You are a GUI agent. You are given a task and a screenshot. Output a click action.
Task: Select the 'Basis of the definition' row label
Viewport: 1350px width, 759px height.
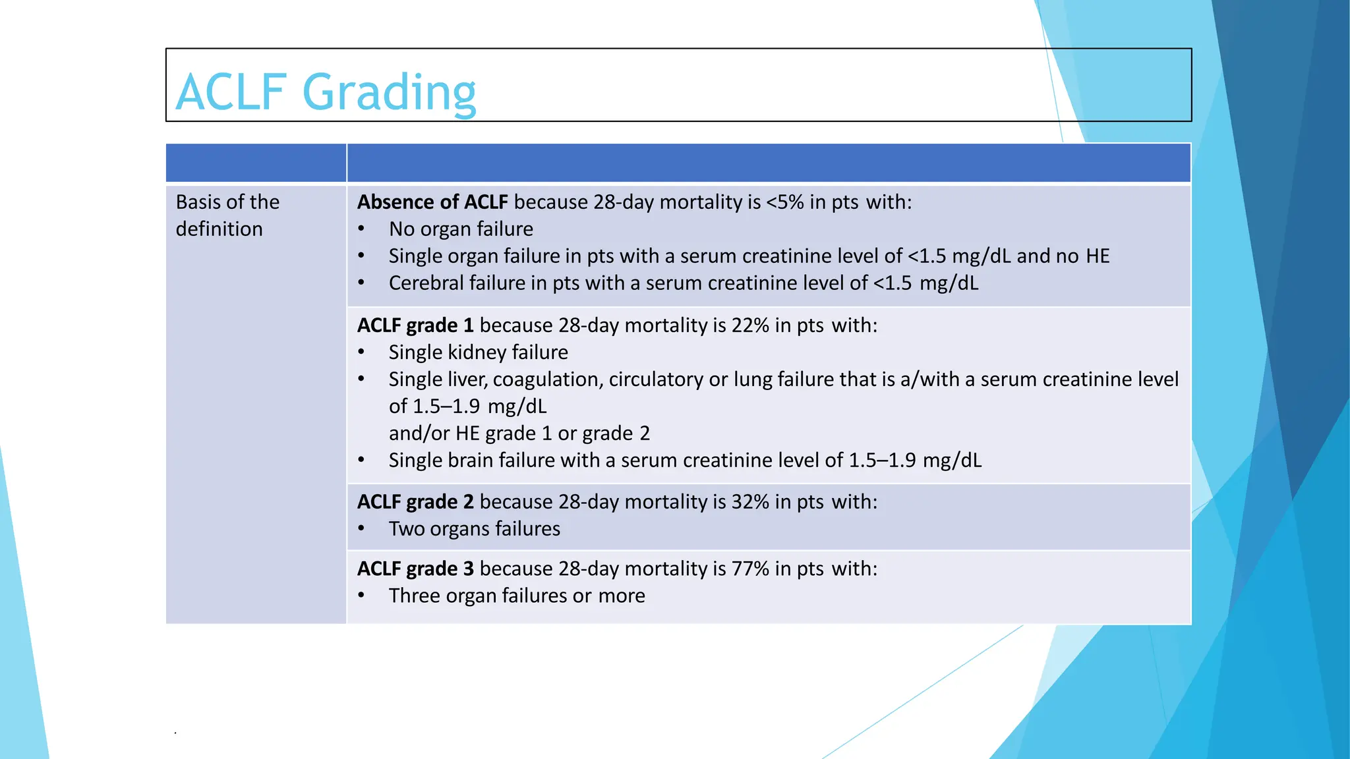pyautogui.click(x=227, y=215)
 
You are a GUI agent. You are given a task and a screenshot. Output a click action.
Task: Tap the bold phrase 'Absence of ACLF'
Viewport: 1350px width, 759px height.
pyautogui.click(x=432, y=202)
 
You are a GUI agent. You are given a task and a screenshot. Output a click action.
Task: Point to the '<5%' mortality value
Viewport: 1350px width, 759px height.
pyautogui.click(x=784, y=202)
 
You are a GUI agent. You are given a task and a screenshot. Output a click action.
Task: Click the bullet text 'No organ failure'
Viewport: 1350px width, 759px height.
pyautogui.click(x=461, y=229)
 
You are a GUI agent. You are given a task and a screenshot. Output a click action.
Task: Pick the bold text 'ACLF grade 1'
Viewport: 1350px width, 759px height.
pyautogui.click(x=415, y=325)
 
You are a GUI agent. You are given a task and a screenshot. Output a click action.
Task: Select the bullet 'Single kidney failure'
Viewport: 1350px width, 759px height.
pyautogui.click(x=478, y=352)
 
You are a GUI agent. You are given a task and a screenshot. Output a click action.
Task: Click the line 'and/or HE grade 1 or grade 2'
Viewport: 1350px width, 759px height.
pyautogui.click(x=519, y=433)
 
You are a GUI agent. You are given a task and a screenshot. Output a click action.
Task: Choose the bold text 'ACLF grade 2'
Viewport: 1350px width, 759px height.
pyautogui.click(x=415, y=501)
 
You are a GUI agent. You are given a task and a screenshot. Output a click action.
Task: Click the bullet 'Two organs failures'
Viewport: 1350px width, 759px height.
pyautogui.click(x=474, y=528)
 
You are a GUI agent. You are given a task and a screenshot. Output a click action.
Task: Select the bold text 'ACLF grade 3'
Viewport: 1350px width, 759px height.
pyautogui.click(x=415, y=568)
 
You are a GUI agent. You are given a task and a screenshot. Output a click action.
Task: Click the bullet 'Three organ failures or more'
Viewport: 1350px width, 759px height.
pyautogui.click(x=517, y=595)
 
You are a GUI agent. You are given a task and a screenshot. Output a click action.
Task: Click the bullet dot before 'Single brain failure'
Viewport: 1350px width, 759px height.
pyautogui.click(x=361, y=460)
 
